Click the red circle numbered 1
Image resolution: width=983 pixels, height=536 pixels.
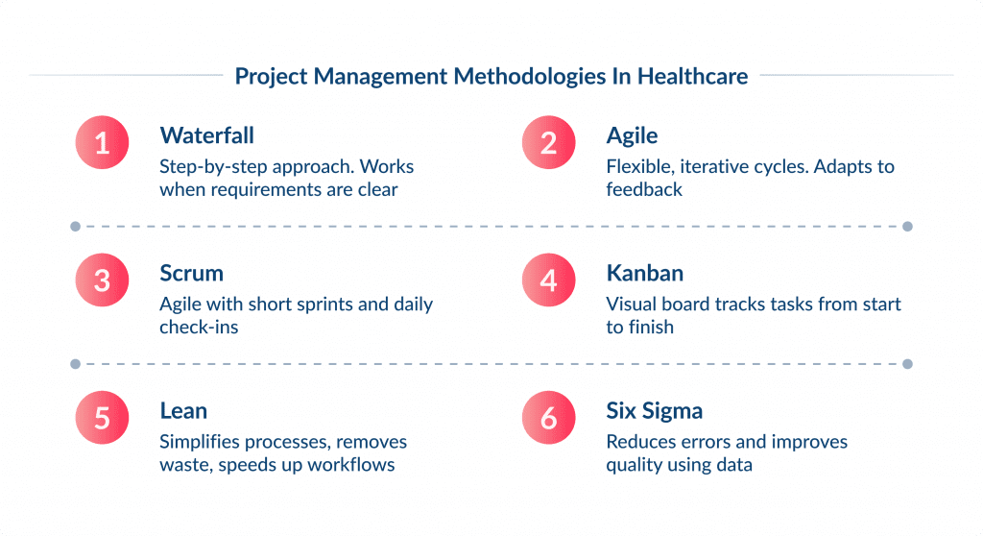click(103, 142)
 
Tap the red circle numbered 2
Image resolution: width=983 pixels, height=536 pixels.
click(549, 142)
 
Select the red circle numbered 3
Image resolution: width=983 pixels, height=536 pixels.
click(103, 280)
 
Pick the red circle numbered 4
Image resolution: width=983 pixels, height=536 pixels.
click(549, 280)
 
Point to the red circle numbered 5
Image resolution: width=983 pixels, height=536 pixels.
click(103, 418)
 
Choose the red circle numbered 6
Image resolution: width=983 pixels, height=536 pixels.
click(549, 418)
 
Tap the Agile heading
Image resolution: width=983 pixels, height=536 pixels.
click(632, 134)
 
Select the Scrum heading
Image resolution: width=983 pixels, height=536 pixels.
click(191, 273)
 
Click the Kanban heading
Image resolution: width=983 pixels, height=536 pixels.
click(644, 273)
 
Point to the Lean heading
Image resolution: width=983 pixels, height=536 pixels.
click(183, 410)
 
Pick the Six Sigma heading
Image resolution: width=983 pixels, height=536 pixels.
click(654, 410)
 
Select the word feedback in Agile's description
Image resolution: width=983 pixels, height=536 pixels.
click(644, 189)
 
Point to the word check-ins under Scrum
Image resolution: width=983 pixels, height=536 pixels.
click(199, 327)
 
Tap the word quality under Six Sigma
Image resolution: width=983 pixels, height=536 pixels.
click(634, 465)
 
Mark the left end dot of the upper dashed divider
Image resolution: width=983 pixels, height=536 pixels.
click(75, 227)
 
